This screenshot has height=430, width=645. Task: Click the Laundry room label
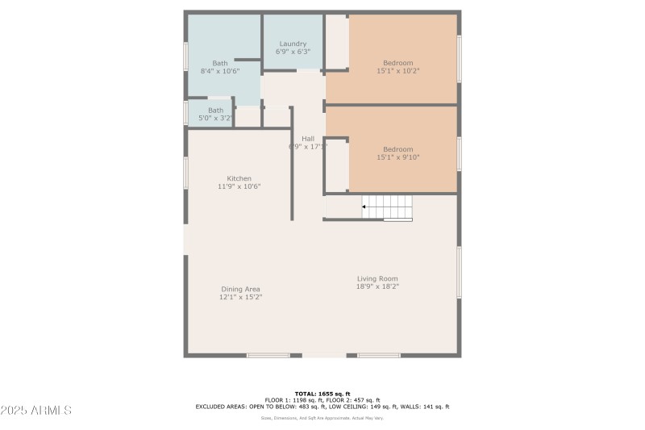[293, 44]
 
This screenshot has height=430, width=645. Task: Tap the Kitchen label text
[239, 178]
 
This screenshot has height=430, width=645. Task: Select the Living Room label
[378, 278]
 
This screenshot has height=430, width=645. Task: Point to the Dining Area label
[240, 289]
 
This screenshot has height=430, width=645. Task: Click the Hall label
[308, 138]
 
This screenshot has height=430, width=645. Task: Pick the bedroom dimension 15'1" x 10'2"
[397, 71]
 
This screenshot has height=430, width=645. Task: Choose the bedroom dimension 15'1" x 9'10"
[397, 157]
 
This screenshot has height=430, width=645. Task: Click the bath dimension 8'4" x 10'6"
[219, 71]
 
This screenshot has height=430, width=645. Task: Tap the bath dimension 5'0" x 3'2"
[215, 119]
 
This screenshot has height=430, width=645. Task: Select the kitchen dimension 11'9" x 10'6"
[239, 186]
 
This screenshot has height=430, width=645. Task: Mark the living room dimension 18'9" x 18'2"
[378, 286]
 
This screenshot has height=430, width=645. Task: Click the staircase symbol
[386, 207]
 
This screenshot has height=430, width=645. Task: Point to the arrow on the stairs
[364, 207]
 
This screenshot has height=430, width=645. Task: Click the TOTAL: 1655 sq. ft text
[322, 392]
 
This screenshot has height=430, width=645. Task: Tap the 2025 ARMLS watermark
[36, 410]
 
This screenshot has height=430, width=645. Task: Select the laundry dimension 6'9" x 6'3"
[293, 52]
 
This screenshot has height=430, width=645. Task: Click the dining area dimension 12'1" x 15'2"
[240, 297]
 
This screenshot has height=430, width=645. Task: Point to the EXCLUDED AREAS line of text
[322, 407]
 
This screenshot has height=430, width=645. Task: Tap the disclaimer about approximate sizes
[322, 418]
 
